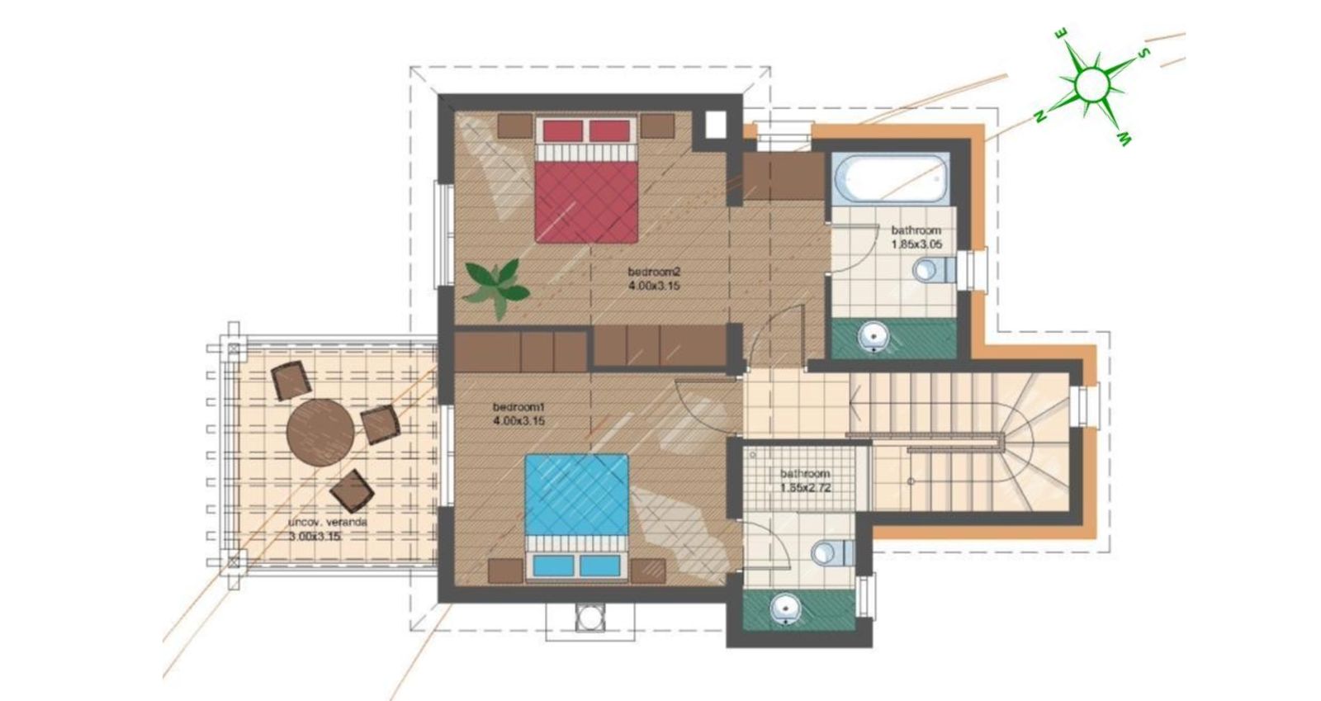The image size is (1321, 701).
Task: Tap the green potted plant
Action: coord(496,288)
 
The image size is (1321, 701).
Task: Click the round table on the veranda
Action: coord(320,432)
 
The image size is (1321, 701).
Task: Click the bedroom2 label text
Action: coord(654,272)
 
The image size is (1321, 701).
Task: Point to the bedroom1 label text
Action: coord(519,407)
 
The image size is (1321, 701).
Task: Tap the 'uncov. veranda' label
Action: coord(327,523)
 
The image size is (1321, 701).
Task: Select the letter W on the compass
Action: coord(1125,140)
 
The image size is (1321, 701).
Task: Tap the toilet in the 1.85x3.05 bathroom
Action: coord(934,270)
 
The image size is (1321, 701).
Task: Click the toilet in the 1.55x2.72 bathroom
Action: coord(833,553)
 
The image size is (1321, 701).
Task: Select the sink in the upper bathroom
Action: coord(874,337)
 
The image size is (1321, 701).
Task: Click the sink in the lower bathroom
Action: coord(786,608)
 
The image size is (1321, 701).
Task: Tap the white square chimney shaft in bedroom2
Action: coord(715,125)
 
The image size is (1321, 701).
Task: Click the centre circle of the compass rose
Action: coord(1092,84)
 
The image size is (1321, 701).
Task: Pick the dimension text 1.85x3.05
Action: coord(916,244)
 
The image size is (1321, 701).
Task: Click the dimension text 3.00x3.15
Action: coord(315,537)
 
